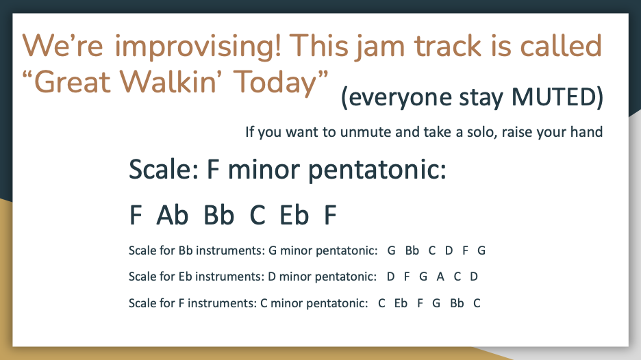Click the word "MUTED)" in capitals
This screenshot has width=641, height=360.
click(x=557, y=97)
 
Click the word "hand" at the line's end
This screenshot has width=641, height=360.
click(x=587, y=132)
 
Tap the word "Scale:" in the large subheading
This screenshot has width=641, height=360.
click(x=164, y=169)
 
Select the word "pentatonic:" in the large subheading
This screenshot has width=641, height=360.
click(x=377, y=170)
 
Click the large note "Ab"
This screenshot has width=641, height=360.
click(x=172, y=215)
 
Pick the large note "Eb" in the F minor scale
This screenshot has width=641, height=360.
click(x=294, y=215)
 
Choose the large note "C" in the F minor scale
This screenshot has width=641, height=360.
click(x=257, y=215)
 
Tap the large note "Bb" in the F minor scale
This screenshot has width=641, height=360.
click(x=218, y=215)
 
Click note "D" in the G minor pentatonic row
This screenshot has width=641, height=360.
click(x=449, y=250)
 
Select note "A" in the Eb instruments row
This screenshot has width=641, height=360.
click(x=440, y=277)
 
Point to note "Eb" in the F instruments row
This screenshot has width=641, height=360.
click(x=401, y=303)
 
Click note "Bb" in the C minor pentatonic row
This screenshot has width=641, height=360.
click(x=457, y=303)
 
